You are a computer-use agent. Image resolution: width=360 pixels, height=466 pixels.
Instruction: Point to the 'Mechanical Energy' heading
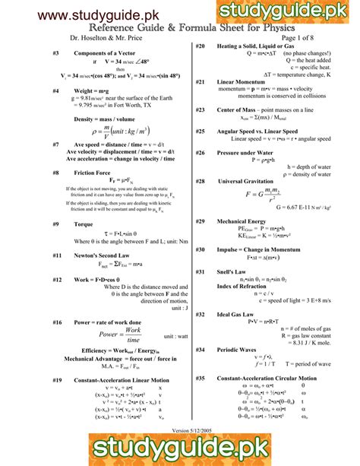click(x=242, y=221)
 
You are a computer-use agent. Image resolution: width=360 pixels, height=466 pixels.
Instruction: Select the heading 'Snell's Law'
click(x=233, y=271)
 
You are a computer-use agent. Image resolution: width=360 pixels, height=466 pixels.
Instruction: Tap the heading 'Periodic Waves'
click(x=238, y=349)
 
